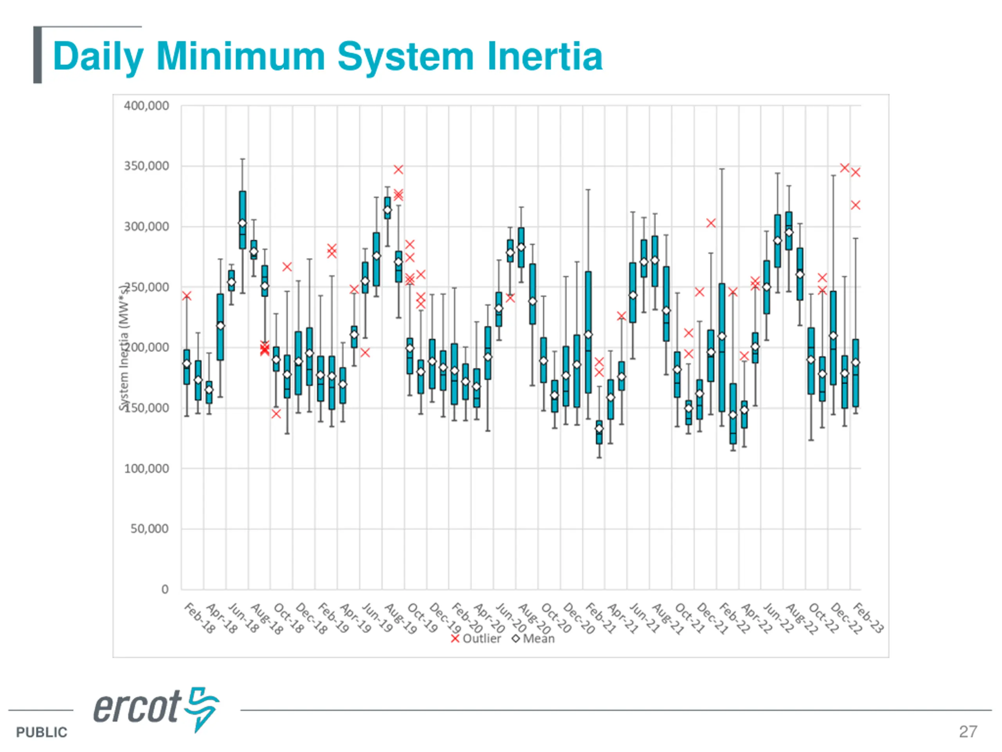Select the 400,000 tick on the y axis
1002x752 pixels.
pyautogui.click(x=146, y=106)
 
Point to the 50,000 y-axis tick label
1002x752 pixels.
pyautogui.click(x=150, y=529)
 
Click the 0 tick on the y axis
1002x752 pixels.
pyautogui.click(x=165, y=589)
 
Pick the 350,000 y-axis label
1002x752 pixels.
pyautogui.click(x=146, y=166)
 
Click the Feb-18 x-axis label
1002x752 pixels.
pyautogui.click(x=200, y=618)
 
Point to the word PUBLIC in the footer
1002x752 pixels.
pyautogui.click(x=41, y=732)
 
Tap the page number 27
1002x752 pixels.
pyautogui.click(x=968, y=732)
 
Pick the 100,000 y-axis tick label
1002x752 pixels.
pyautogui.click(x=146, y=469)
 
